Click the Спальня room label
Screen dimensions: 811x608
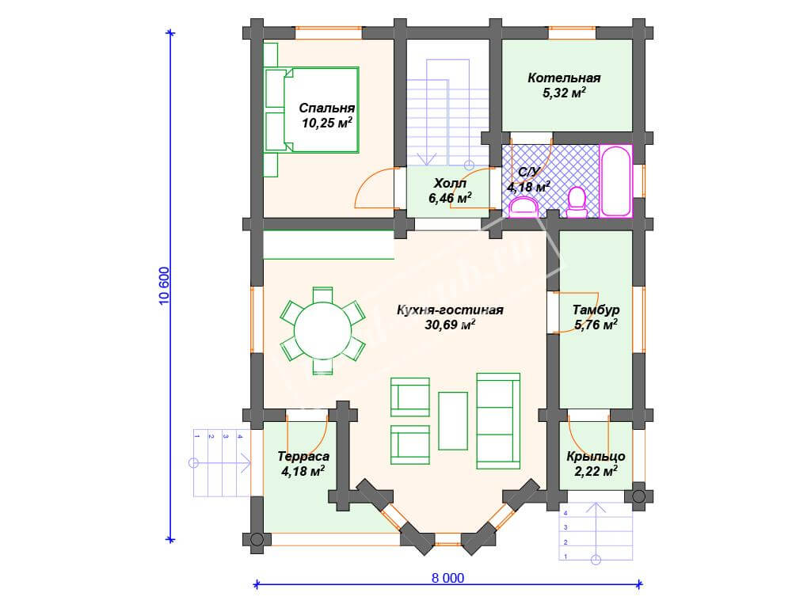327,108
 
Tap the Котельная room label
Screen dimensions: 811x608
564,78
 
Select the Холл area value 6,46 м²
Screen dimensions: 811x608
450,197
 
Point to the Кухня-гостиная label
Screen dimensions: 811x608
450,310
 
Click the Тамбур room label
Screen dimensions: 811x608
596,310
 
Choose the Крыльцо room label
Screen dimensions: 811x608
596,457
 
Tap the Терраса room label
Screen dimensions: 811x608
303,457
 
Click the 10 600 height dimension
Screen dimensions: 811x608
164,286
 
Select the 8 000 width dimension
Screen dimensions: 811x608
448,578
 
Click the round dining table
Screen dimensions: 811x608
323,331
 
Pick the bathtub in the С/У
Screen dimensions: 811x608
616,181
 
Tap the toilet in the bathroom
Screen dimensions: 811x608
577,202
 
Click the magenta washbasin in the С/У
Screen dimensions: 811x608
524,209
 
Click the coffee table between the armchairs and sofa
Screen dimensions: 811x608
453,421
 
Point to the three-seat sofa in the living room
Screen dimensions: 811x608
498,421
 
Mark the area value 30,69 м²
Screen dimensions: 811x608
450,325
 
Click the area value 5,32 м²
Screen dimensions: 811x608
564,93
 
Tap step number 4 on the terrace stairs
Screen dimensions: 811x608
239,436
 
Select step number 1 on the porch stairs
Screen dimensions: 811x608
565,557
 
